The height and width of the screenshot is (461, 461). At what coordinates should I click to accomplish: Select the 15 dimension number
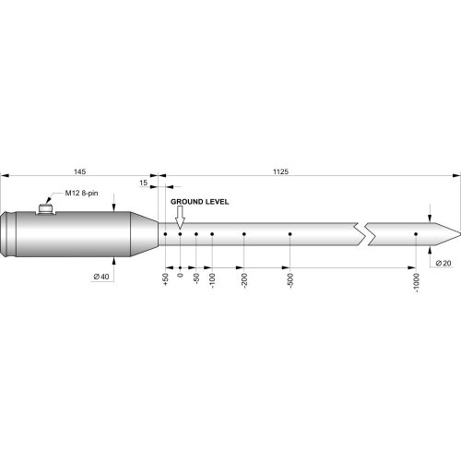coord(143,183)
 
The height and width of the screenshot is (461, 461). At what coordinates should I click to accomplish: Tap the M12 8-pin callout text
coord(83,194)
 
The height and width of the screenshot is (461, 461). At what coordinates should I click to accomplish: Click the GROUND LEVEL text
coord(199,200)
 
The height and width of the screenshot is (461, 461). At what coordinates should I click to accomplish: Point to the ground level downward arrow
coord(181,217)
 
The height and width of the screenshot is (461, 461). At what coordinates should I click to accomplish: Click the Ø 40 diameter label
coord(101,277)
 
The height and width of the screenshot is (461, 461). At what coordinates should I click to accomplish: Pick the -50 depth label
coord(197,279)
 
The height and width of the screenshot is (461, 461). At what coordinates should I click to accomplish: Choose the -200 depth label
coord(244,281)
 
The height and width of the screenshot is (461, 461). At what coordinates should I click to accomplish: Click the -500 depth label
coord(290,281)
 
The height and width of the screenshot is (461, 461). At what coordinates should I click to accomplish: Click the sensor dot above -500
coord(290,234)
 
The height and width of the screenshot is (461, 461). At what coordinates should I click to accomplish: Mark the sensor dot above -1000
coord(416,234)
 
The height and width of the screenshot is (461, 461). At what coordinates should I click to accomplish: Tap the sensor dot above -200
coord(244,234)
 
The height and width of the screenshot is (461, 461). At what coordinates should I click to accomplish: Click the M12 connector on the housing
coord(44,209)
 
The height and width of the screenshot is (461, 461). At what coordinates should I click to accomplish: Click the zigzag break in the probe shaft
coord(362,234)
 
